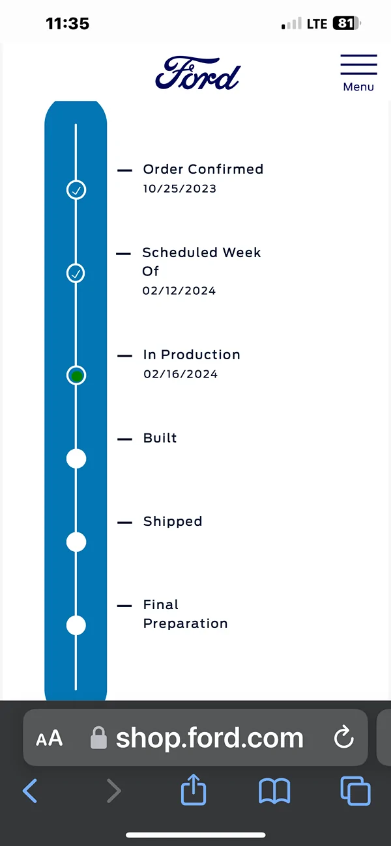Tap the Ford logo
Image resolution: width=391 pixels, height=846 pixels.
[197, 74]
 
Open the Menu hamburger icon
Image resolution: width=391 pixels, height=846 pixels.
[358, 64]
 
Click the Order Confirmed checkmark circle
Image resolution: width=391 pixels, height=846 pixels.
[76, 190]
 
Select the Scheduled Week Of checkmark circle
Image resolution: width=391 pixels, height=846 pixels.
[76, 273]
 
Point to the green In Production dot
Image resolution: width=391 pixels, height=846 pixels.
[77, 376]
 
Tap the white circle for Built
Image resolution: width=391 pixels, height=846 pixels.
[76, 459]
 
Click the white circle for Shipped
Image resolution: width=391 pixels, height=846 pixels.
[76, 542]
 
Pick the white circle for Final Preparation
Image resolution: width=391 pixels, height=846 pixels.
[76, 625]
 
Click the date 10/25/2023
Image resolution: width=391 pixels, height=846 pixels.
[180, 189]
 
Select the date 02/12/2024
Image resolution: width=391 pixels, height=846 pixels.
[179, 291]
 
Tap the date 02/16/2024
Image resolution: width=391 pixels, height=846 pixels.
[181, 374]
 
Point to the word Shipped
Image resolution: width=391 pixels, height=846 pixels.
[173, 521]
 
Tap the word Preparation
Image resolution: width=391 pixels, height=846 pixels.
[185, 623]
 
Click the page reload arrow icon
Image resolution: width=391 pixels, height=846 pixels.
[343, 737]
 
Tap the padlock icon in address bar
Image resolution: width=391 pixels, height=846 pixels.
[98, 737]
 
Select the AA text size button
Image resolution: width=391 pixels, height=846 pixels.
[49, 739]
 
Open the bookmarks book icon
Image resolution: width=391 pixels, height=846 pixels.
[274, 791]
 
